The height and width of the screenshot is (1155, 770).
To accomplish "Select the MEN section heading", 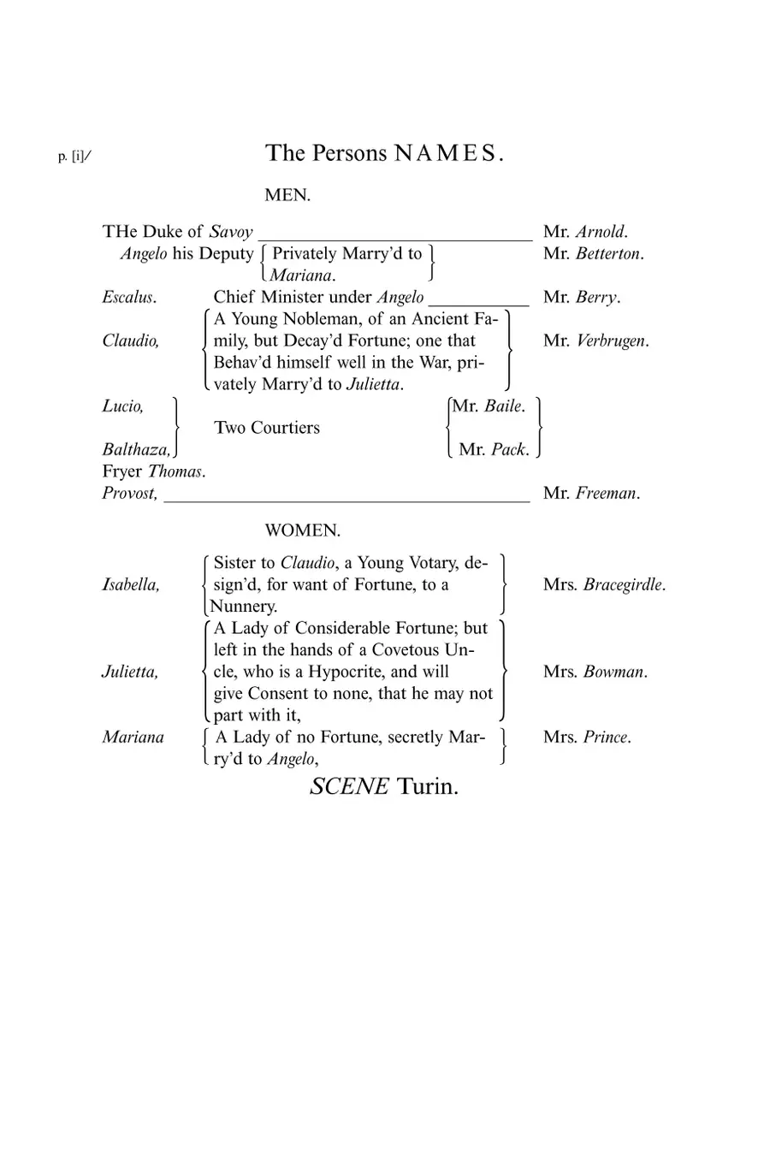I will tap(287, 195).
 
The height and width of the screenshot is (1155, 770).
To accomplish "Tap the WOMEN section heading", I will tap(303, 530).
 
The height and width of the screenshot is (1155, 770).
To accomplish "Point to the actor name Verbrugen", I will tap(613, 341).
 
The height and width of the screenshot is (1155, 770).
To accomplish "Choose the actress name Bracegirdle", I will tap(624, 585).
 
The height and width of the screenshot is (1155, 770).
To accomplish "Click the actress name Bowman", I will tap(615, 672).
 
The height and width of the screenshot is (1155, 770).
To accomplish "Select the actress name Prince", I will tap(607, 737).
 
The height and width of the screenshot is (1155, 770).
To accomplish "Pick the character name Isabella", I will tap(131, 585).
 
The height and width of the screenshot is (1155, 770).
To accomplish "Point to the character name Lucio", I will tap(123, 406).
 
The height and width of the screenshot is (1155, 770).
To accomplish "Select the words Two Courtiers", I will tap(267, 428).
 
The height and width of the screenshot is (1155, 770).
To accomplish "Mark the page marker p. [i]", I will tap(74, 157).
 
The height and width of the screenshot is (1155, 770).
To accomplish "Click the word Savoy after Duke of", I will tap(231, 232).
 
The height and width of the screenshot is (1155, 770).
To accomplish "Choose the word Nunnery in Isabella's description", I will tap(244, 607).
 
